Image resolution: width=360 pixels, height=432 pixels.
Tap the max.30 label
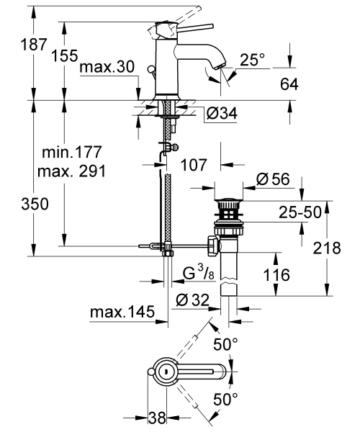pyautogui.click(x=107, y=68)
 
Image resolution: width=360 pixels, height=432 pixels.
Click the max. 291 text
pyautogui.click(x=71, y=172)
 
